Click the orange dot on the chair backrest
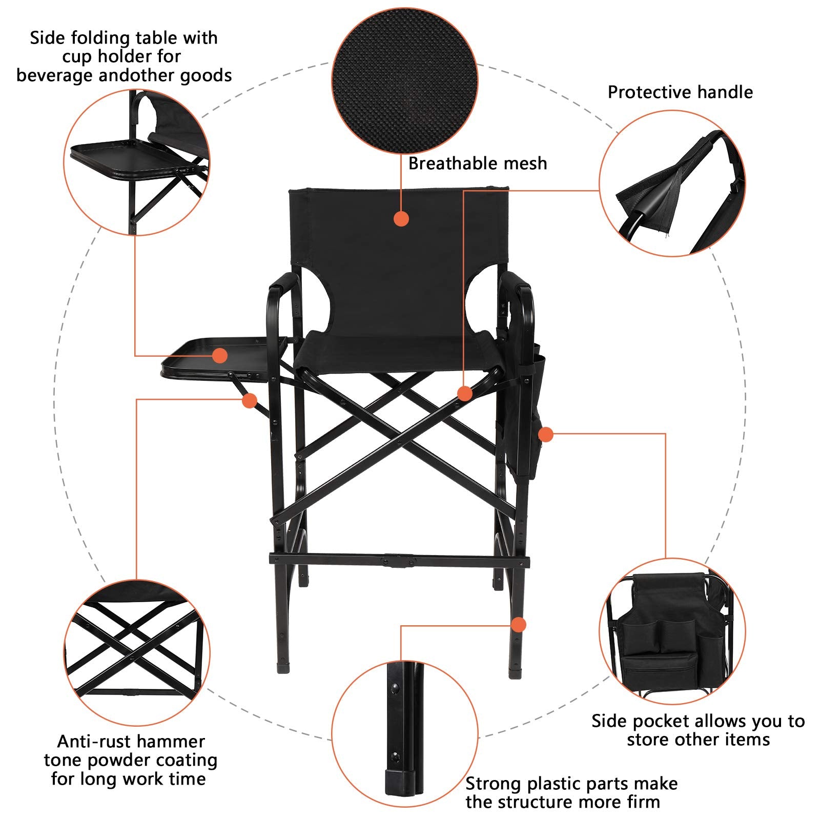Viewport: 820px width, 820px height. click(x=401, y=219)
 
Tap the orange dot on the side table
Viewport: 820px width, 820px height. click(x=220, y=355)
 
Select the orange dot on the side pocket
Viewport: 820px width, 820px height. click(x=546, y=435)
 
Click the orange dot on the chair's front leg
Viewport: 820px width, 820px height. click(x=519, y=625)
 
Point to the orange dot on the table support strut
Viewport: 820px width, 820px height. click(x=250, y=401)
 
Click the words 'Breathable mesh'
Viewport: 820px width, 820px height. click(x=478, y=163)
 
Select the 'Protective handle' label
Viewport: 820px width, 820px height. click(x=680, y=92)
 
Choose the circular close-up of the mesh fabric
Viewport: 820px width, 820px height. click(x=405, y=80)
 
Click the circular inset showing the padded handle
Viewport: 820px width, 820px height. click(x=672, y=183)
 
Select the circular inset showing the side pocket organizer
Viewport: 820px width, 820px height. click(x=672, y=631)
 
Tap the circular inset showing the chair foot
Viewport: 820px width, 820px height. click(x=405, y=733)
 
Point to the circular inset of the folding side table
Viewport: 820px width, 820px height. click(x=137, y=162)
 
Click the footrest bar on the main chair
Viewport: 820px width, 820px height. click(x=399, y=559)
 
